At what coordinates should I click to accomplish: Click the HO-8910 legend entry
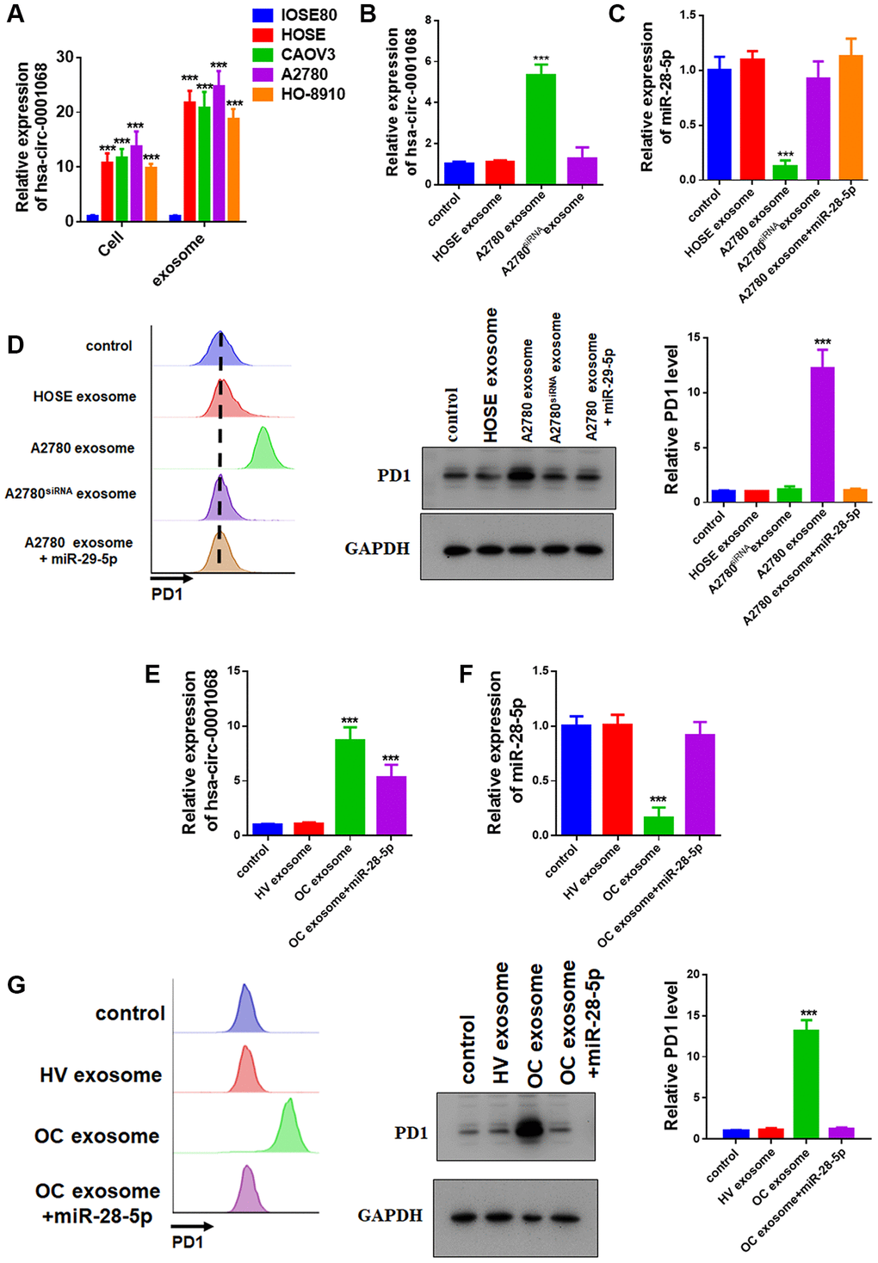coord(312,94)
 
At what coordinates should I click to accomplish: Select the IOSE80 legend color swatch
coord(263,15)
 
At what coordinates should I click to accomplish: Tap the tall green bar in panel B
coord(541,129)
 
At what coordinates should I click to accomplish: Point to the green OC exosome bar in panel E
coord(349,786)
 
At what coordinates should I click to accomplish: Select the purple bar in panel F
coord(700,784)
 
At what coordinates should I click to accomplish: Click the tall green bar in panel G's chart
coord(807,1083)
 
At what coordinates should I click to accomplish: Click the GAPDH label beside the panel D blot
coord(377,548)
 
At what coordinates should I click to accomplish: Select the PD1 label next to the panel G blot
coord(411,1132)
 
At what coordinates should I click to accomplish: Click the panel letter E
coord(152,674)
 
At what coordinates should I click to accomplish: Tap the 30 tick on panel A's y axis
coord(66,57)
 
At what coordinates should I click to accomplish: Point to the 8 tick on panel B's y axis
coord(428,20)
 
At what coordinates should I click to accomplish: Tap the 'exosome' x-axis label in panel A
coord(179,260)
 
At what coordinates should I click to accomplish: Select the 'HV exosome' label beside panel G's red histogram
coord(100,1075)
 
